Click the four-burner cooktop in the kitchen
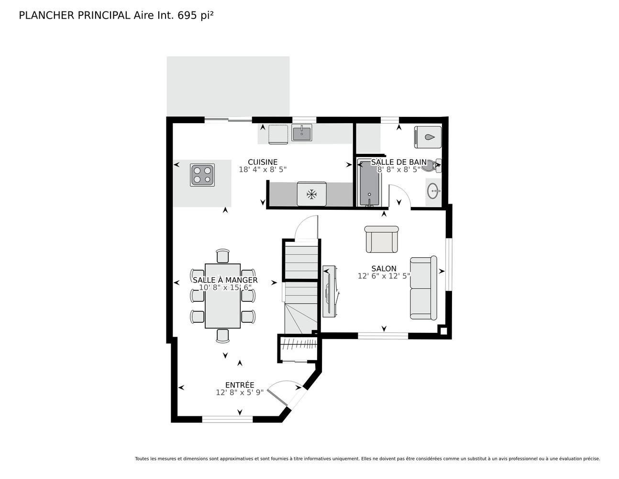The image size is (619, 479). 202,175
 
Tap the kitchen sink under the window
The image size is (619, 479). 302,132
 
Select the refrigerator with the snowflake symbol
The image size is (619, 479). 311,194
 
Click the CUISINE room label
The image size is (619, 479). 263,162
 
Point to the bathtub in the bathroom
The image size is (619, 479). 369,183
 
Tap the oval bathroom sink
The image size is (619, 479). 433,192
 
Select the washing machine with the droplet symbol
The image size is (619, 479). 428,137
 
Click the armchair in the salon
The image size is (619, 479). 381,239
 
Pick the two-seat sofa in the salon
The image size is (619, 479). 423,288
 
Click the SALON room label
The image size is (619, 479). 384,269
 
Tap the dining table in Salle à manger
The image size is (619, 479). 223,296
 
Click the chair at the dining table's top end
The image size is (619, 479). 223,256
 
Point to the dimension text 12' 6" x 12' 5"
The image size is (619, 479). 384,276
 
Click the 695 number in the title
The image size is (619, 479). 188,16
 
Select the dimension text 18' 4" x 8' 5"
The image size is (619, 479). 263,170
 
